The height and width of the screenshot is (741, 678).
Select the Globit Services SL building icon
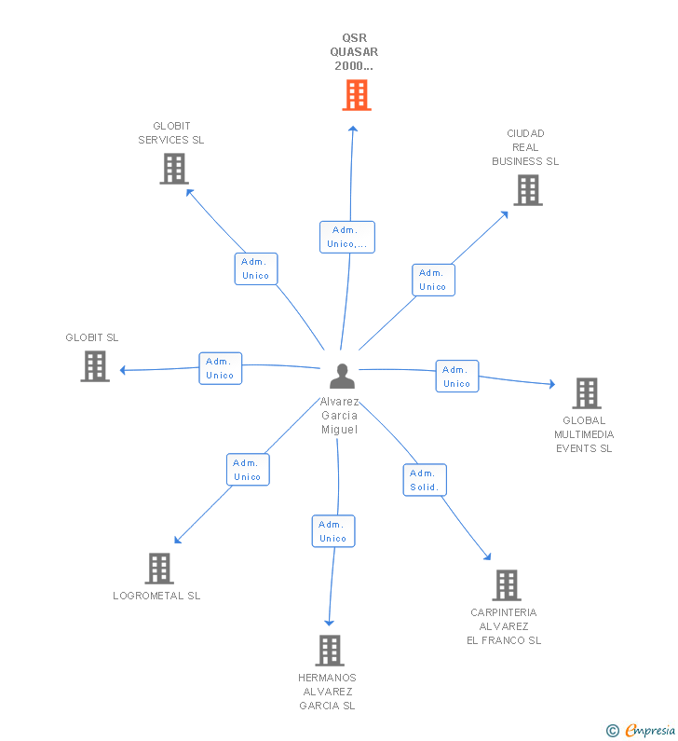(174, 169)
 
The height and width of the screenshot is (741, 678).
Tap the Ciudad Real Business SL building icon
(528, 190)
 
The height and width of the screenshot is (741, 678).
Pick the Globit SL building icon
(95, 366)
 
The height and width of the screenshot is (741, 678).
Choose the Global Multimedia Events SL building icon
(587, 393)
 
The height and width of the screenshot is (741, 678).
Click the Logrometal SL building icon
(159, 569)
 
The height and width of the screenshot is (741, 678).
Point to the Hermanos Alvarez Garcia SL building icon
(330, 651)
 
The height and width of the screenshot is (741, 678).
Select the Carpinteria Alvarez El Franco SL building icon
(507, 585)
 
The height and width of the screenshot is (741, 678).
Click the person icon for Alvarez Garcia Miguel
(343, 377)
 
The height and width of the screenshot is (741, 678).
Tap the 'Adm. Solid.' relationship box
(425, 480)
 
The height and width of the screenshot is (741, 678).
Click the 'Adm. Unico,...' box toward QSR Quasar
(347, 237)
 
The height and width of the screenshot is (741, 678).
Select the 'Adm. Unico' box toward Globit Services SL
(256, 268)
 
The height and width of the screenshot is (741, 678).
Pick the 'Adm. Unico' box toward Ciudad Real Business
(433, 280)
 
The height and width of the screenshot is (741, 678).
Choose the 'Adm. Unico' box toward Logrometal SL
(248, 470)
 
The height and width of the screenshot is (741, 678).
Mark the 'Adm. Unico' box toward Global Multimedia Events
(457, 377)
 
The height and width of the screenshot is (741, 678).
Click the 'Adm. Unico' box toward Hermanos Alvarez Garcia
(333, 531)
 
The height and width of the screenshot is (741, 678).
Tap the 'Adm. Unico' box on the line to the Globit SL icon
(221, 368)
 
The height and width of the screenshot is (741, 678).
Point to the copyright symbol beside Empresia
(613, 731)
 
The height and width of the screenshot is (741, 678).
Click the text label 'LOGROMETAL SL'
(156, 596)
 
